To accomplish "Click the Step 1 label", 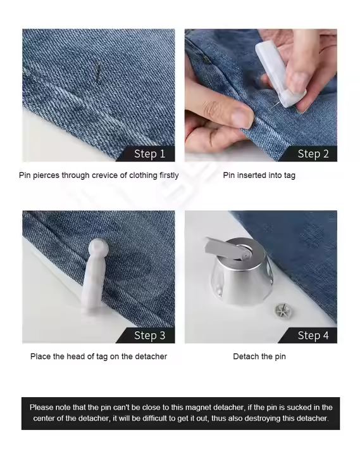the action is (x=150, y=153).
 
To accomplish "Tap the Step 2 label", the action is (x=313, y=153).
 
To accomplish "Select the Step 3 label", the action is (x=150, y=335).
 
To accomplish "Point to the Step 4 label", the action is (x=313, y=335).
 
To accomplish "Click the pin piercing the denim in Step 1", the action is (x=98, y=72).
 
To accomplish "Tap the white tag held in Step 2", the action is (x=280, y=74).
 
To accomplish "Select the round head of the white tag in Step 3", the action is (x=99, y=249).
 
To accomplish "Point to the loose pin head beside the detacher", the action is (x=283, y=310).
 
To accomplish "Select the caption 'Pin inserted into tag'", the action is (x=259, y=175).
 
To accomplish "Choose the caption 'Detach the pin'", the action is (x=259, y=357).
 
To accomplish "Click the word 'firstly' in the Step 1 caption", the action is (x=169, y=175).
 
